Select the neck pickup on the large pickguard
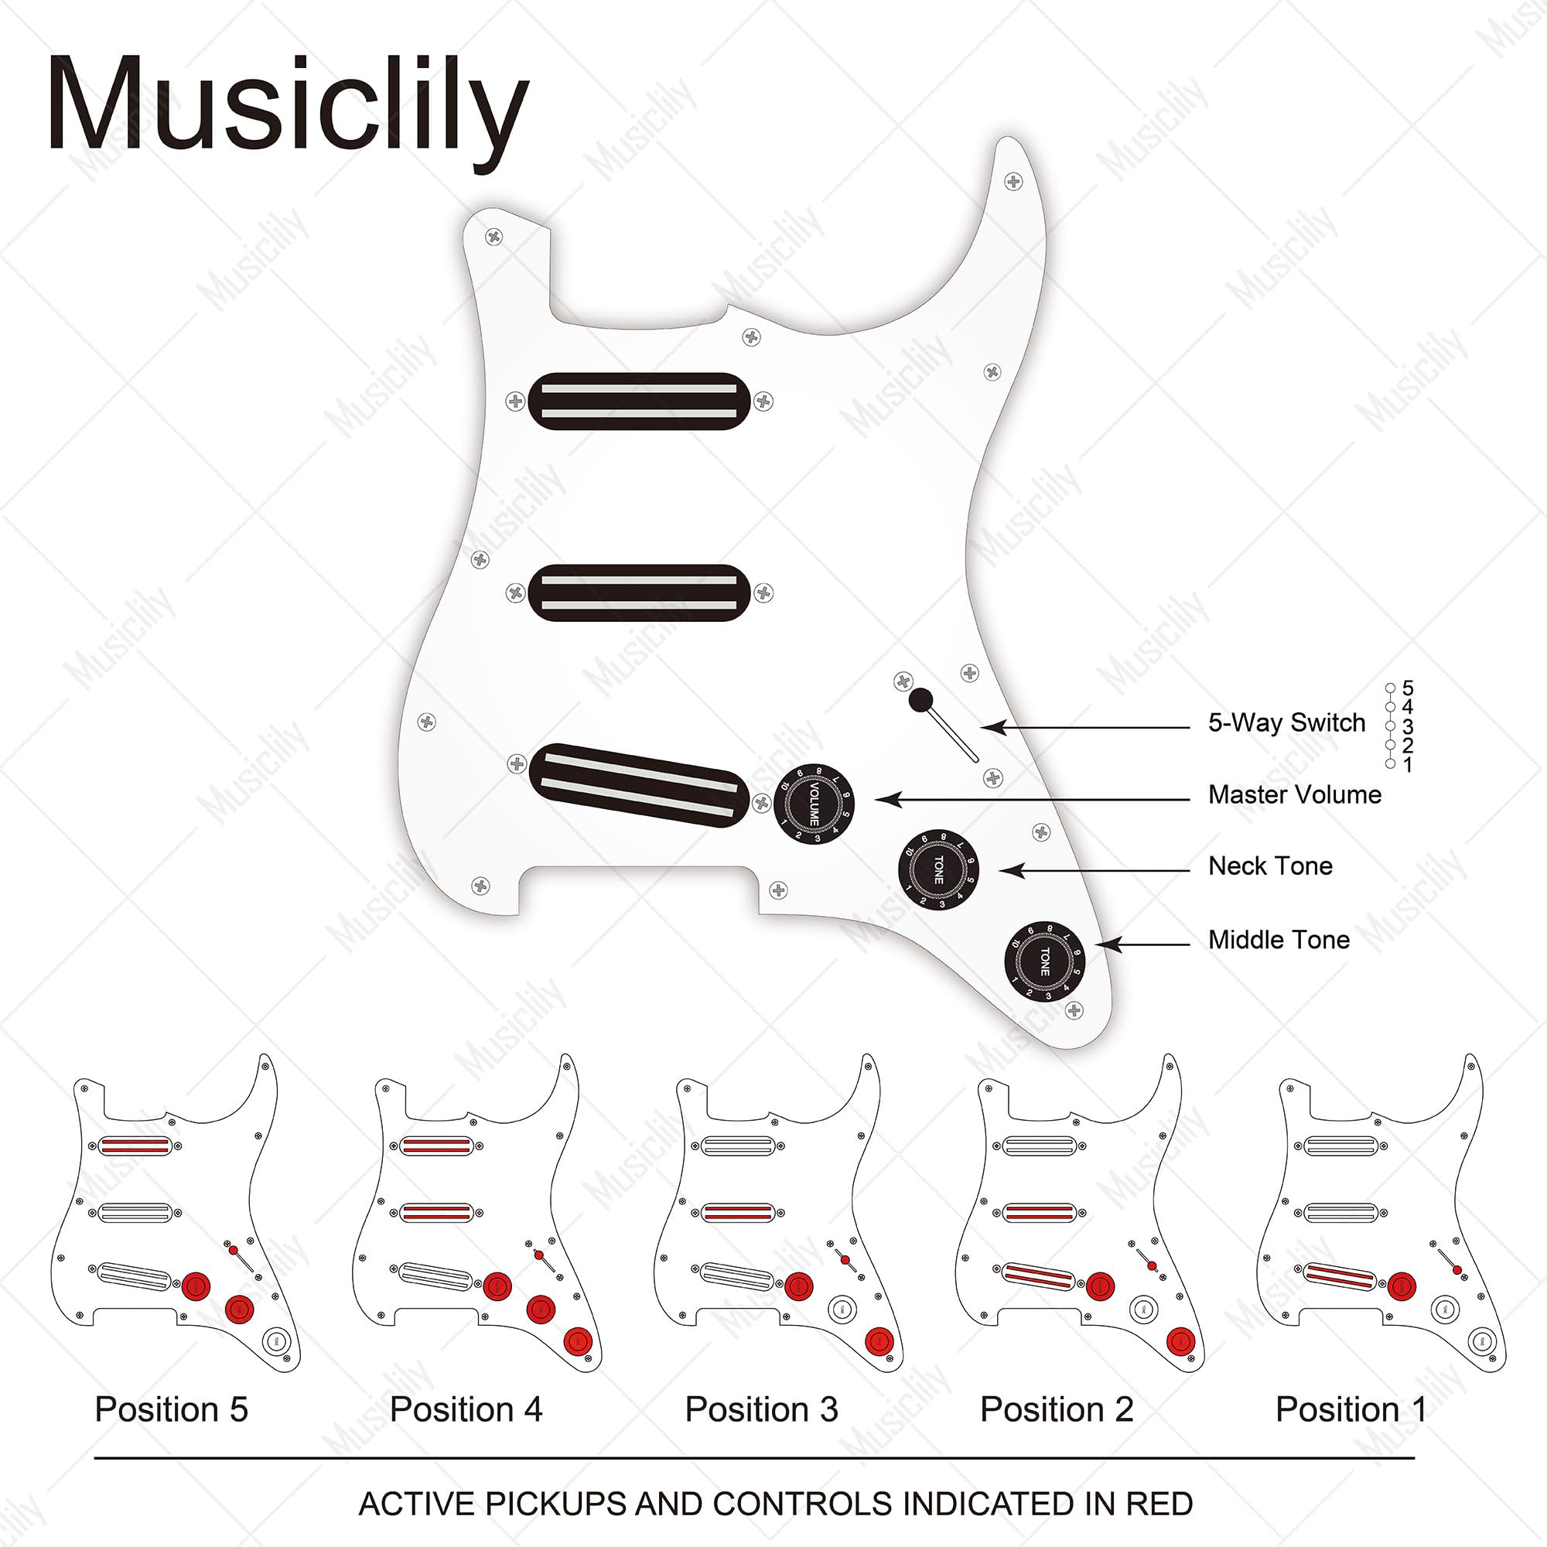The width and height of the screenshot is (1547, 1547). click(x=639, y=401)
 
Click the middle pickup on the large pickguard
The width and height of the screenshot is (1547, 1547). click(x=639, y=593)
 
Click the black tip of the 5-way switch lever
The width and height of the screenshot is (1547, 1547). click(x=920, y=700)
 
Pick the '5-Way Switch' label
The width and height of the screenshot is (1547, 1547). click(x=1286, y=723)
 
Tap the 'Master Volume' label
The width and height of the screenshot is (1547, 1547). click(x=1295, y=794)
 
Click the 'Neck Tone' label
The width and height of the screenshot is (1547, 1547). click(x=1270, y=866)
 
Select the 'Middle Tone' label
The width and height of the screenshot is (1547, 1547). click(x=1279, y=939)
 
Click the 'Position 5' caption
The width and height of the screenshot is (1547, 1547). click(x=172, y=1409)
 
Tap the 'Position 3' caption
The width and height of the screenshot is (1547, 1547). click(x=761, y=1409)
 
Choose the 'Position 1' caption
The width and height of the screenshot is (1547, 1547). click(x=1351, y=1409)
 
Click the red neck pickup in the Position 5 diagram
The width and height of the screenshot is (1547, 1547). click(x=135, y=1146)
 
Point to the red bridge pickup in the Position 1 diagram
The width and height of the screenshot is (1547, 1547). click(x=1340, y=1276)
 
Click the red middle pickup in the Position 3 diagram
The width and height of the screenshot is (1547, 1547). click(x=737, y=1213)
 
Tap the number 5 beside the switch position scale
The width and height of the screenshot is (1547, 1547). click(x=1408, y=688)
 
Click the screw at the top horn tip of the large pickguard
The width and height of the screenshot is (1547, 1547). click(x=1013, y=182)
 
